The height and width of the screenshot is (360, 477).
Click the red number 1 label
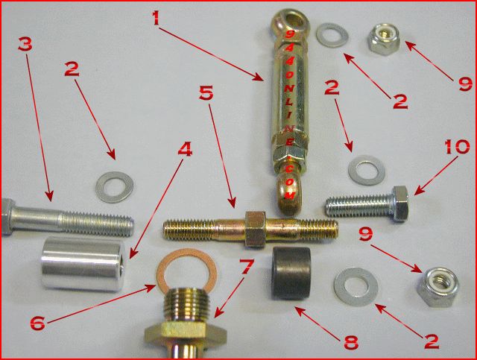pyautogui.click(x=157, y=18)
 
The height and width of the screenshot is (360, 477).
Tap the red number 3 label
pyautogui.click(x=25, y=45)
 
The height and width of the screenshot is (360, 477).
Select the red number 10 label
pyautogui.click(x=457, y=148)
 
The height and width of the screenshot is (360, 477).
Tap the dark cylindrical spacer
pyautogui.click(x=291, y=273)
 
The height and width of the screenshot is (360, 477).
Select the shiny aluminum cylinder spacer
pyautogui.click(x=83, y=263)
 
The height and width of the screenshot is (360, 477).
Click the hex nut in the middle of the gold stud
pyautogui.click(x=256, y=229)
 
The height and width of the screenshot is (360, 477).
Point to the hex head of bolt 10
pyautogui.click(x=400, y=203)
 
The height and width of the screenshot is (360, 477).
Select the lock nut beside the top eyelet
pyautogui.click(x=384, y=40)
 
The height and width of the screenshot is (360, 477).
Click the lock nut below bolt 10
pyautogui.click(x=437, y=286)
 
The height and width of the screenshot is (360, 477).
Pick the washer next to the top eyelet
pyautogui.click(x=332, y=35)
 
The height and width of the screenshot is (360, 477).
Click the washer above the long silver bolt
pyautogui.click(x=115, y=187)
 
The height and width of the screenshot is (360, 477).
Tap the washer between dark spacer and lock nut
pyautogui.click(x=356, y=287)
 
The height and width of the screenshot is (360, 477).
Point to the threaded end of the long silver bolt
pyautogui.click(x=98, y=224)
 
